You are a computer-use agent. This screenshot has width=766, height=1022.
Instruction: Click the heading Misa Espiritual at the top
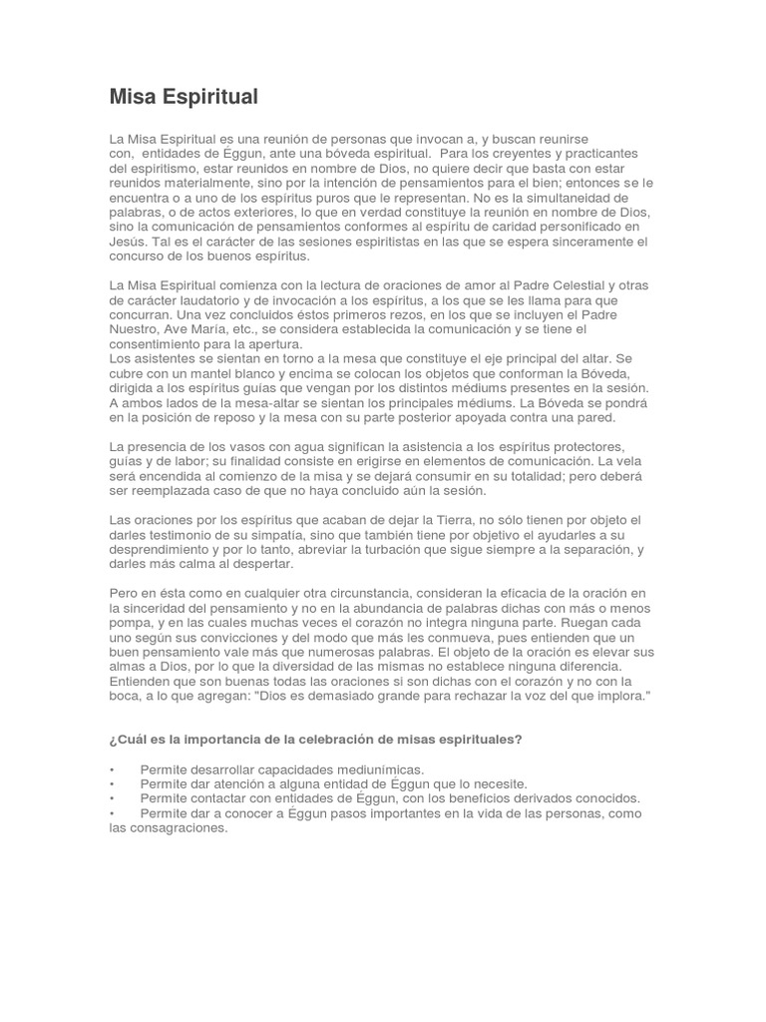pos(184,97)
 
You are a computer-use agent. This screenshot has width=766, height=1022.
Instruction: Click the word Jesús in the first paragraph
pos(127,242)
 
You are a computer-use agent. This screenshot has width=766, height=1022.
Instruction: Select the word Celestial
pos(571,285)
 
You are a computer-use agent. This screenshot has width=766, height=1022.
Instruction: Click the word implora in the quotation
pos(615,695)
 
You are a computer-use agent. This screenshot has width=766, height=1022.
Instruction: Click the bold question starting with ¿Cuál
pos(315,740)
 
